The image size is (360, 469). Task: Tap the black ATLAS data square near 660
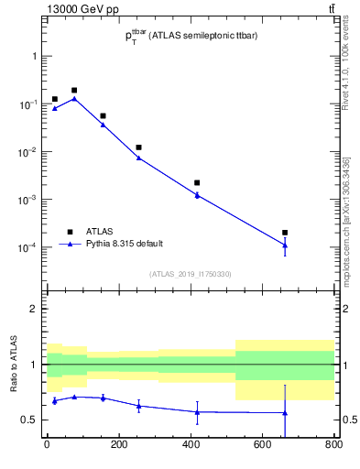(285, 233)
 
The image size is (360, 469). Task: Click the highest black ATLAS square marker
(74, 91)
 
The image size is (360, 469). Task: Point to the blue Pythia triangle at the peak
(74, 99)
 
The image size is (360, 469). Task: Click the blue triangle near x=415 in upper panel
(197, 194)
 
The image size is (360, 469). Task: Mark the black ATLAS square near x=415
(197, 183)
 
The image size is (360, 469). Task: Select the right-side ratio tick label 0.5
(346, 420)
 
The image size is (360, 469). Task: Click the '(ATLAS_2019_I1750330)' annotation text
(191, 274)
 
